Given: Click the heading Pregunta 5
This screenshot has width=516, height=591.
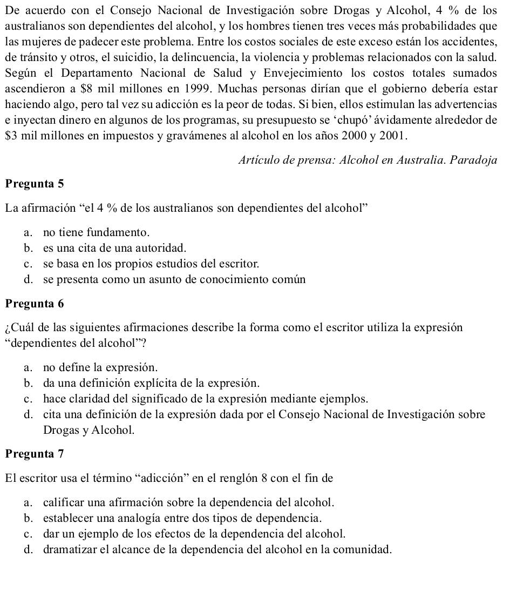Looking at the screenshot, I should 34,184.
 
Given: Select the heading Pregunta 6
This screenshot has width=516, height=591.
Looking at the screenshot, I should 34,304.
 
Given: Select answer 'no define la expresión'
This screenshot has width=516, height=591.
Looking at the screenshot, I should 100,368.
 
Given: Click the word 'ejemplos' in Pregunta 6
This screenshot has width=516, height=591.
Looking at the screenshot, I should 349,399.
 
